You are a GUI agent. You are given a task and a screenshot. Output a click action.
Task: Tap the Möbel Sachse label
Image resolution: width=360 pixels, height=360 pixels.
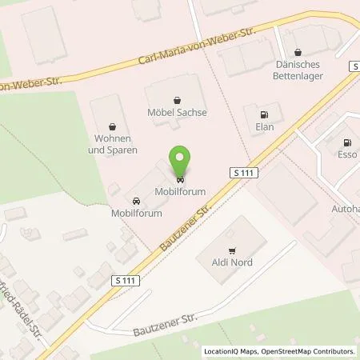(x=177, y=113)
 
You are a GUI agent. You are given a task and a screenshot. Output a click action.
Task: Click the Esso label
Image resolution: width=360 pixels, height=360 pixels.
(x=346, y=154)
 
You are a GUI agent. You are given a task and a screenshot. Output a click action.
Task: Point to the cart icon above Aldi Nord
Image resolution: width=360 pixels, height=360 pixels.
(x=232, y=250)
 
